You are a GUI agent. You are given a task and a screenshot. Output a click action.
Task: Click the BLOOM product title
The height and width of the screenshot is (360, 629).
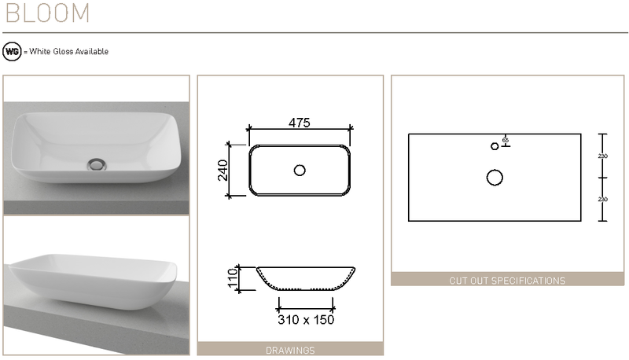[46, 13]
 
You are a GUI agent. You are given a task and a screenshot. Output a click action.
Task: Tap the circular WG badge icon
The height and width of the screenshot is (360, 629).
[12, 51]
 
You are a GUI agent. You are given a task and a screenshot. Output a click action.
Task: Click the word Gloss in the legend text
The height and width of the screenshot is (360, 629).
[63, 52]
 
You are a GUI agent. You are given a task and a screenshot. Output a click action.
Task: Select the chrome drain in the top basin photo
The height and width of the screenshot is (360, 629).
[97, 163]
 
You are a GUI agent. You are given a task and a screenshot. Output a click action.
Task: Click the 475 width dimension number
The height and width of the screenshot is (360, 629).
[299, 123]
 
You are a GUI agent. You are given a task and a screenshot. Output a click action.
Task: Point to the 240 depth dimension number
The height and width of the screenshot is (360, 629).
[223, 170]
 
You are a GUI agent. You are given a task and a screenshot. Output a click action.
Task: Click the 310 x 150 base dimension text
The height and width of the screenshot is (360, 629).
[305, 320]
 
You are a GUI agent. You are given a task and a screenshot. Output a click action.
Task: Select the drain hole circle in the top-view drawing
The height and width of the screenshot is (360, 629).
[300, 170]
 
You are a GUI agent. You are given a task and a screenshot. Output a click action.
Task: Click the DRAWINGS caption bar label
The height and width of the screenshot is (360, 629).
[290, 350]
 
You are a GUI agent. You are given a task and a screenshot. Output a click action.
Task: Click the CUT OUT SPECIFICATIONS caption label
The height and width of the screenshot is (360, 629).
[506, 280]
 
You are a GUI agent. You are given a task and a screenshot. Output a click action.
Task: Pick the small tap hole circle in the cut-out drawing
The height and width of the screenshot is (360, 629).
[495, 146]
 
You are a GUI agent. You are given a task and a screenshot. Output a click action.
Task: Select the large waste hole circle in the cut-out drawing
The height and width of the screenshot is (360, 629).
[495, 178]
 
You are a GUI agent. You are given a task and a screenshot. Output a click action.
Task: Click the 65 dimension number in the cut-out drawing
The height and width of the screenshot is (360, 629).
[505, 140]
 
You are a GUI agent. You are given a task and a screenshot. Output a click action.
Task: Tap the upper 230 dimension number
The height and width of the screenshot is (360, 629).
[603, 156]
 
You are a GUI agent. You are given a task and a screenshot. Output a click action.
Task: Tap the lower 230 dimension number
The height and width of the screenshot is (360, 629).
[603, 200]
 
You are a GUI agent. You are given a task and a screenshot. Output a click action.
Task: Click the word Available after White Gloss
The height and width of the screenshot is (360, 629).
[91, 52]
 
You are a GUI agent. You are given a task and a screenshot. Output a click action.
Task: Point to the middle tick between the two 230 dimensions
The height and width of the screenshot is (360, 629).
[601, 178]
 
